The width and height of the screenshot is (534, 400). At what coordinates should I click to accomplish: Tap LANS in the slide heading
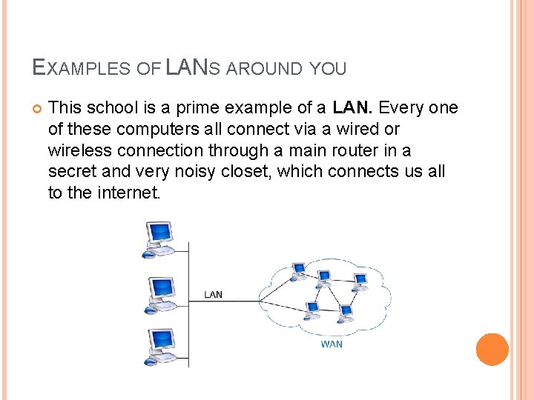tap(189, 68)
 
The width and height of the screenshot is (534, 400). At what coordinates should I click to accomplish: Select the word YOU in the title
tap(328, 70)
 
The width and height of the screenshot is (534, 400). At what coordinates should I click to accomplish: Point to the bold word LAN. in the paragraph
tap(353, 108)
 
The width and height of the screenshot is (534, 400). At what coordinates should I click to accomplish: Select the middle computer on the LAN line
tap(160, 292)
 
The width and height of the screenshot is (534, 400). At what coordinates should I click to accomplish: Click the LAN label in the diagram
tap(213, 295)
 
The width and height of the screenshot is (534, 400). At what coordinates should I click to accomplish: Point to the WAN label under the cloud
tap(332, 345)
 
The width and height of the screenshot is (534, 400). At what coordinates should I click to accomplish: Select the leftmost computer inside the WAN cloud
tap(298, 271)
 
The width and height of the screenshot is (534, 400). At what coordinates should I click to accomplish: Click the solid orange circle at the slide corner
tap(492, 350)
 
